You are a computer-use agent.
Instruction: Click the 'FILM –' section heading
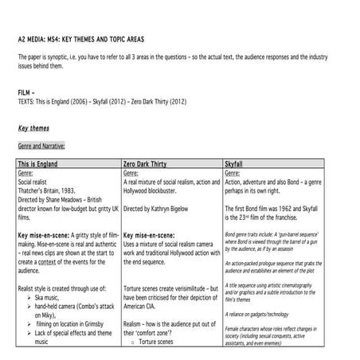(x=27, y=92)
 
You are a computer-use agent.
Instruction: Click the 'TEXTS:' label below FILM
(x=27, y=101)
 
